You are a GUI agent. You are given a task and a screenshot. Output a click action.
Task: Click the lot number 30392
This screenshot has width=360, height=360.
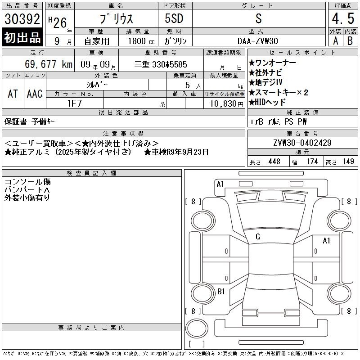coord(22,19)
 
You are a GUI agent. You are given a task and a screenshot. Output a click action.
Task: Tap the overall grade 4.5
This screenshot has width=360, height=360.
coord(343,18)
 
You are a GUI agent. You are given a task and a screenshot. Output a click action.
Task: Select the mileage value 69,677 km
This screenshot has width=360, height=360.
coord(49,64)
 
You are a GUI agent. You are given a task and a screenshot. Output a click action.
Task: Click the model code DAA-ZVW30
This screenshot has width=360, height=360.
coord(257,41)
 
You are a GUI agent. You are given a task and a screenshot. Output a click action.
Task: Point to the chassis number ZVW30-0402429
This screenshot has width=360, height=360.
coord(302,143)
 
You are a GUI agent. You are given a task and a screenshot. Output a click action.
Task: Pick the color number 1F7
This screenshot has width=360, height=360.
coord(74,103)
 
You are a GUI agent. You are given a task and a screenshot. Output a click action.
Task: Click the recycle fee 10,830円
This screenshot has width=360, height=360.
coord(226,104)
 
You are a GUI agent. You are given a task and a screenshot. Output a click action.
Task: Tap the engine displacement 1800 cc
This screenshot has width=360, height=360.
coord(141,41)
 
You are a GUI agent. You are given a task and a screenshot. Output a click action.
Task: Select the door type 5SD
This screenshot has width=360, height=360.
coord(174,18)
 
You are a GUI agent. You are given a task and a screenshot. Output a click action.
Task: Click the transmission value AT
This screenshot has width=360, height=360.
coord(13,94)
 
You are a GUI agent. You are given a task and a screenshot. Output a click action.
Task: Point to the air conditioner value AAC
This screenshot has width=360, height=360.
coord(35,94)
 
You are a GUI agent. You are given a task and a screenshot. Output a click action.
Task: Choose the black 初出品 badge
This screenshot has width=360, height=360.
coord(22,37)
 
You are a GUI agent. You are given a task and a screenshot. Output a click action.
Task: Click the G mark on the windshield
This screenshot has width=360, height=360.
coord(258,237)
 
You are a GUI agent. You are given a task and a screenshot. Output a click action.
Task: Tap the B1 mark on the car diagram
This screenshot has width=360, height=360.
coord(221,292)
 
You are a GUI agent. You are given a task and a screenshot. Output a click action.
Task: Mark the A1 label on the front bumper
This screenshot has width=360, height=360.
coord(220,184)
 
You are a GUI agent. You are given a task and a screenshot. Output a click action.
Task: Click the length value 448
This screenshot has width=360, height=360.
coord(274,162)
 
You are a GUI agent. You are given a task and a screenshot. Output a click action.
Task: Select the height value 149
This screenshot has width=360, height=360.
coord(348,162)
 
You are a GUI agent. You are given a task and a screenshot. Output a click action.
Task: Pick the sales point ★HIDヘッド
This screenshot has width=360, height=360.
coord(267,102)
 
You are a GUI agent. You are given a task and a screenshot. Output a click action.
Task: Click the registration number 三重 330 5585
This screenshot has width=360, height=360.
coord(161,64)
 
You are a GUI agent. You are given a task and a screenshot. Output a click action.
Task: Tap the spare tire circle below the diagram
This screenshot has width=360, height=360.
coord(197,328)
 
